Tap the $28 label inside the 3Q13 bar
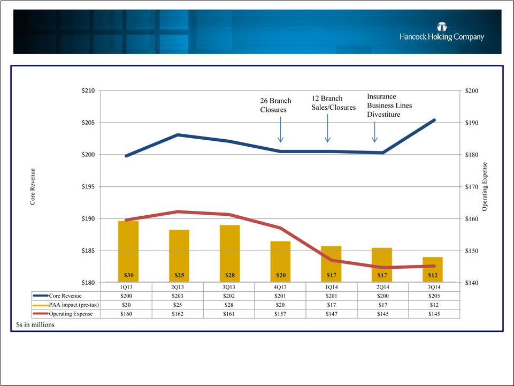pyautogui.click(x=230, y=275)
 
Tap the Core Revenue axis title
pyautogui.click(x=33, y=186)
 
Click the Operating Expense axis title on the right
pyautogui.click(x=485, y=186)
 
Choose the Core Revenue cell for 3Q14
pyautogui.click(x=434, y=296)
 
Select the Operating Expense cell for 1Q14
pyautogui.click(x=332, y=314)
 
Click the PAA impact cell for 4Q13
pyautogui.click(x=281, y=305)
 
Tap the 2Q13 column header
pyautogui.click(x=179, y=286)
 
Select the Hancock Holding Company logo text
pyautogui.click(x=442, y=37)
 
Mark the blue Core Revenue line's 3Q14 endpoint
pyautogui.click(x=434, y=120)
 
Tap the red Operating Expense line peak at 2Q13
pyautogui.click(x=179, y=212)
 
